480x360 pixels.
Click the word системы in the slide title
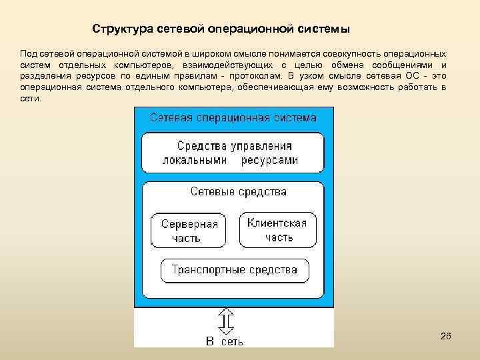326,30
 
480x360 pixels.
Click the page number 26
446,337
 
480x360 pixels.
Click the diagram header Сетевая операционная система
233,118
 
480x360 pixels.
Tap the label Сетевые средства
239,192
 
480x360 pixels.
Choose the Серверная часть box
189,231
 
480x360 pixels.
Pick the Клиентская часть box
277,230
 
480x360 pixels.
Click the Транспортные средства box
234,270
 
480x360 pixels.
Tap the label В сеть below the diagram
224,341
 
